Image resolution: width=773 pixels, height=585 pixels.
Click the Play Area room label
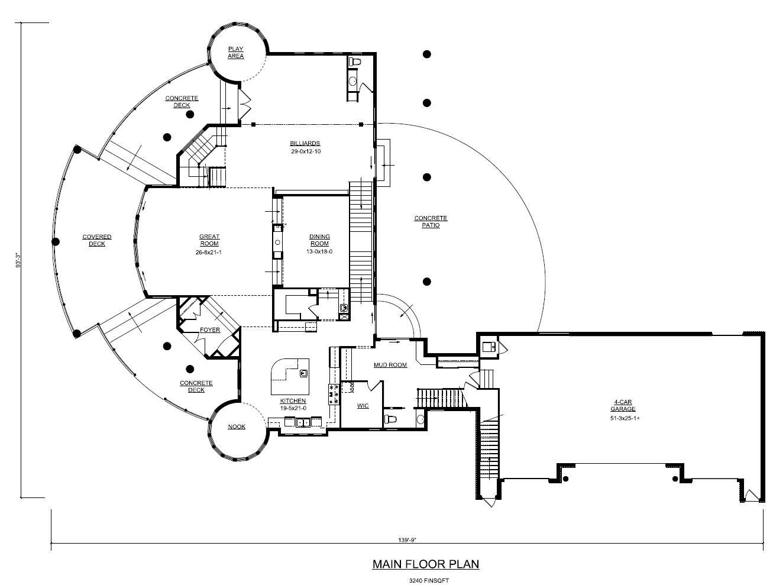tap(236, 53)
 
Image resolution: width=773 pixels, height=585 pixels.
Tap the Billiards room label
tap(305, 143)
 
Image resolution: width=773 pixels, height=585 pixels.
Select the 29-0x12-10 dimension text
tap(305, 151)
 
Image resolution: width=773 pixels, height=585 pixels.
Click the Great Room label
tap(209, 240)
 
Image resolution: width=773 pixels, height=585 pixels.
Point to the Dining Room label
tap(319, 240)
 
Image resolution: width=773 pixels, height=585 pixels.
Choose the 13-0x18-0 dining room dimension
tap(319, 251)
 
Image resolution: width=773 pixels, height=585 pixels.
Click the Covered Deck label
tap(97, 240)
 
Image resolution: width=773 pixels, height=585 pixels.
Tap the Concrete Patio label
tap(431, 222)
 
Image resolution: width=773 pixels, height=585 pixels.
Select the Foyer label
tap(210, 330)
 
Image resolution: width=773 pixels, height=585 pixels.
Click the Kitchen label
tap(293, 401)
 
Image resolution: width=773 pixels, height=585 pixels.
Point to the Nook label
tap(237, 426)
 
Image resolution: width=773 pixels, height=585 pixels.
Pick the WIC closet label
tap(363, 406)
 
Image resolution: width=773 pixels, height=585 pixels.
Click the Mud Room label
tap(390, 365)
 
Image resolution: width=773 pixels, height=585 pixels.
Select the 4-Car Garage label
tap(623, 405)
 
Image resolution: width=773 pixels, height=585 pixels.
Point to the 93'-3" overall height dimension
tap(18, 260)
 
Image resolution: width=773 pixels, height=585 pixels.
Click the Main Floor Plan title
tap(425, 564)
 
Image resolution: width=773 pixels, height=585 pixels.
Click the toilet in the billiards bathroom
tap(356, 62)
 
